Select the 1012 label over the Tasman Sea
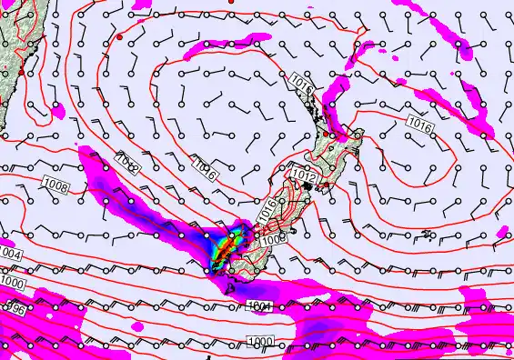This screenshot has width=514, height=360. [x=128, y=164]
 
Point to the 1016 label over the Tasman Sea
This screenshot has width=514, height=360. [x=205, y=168]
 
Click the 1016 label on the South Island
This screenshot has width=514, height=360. [x=265, y=213]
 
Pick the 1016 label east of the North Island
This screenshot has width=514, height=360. [x=419, y=122]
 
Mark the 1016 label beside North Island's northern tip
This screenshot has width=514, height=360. [x=302, y=85]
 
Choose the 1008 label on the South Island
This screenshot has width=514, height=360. [x=273, y=239]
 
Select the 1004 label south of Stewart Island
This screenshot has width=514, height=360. [x=260, y=307]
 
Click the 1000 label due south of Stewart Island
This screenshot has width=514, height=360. [x=260, y=342]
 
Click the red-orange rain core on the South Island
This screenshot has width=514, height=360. [x=221, y=259]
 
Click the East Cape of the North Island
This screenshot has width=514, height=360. [x=358, y=134]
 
